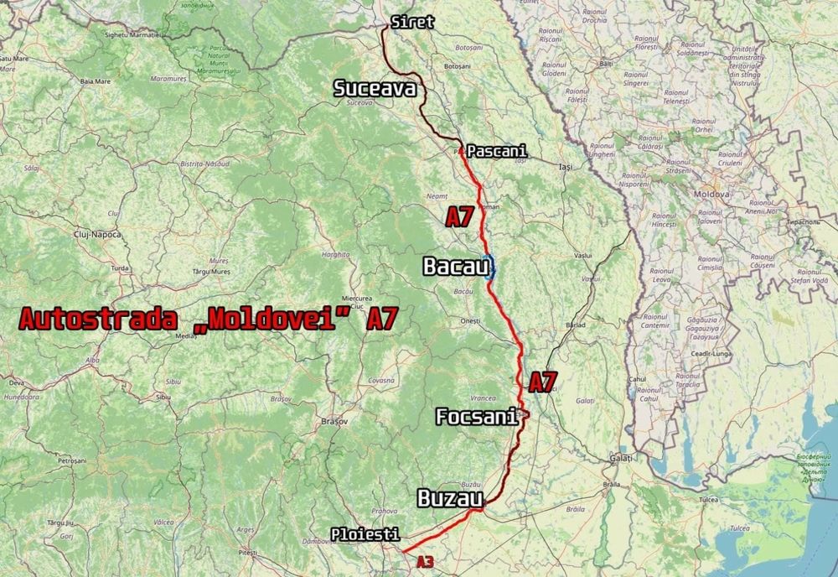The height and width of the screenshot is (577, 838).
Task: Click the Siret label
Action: pos(413,22)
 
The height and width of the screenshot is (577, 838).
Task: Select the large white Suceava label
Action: pos(375,88)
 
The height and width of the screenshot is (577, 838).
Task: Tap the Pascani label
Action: pos(496,151)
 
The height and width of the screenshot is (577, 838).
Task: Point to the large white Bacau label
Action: pos(456,268)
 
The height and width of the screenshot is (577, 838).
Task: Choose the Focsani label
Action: pos(476,417)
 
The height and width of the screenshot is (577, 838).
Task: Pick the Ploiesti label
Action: pos(365,533)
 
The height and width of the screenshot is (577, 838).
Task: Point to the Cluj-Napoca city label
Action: pos(93,236)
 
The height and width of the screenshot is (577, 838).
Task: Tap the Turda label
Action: pos(120,268)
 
